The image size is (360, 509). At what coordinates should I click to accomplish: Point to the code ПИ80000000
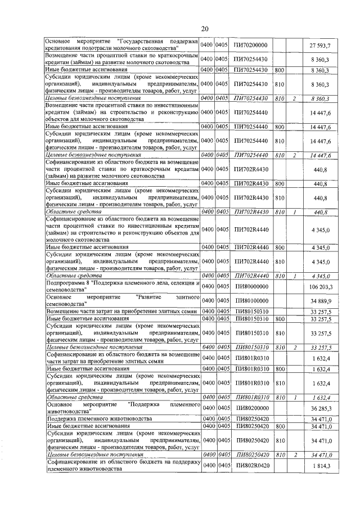[251, 287]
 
